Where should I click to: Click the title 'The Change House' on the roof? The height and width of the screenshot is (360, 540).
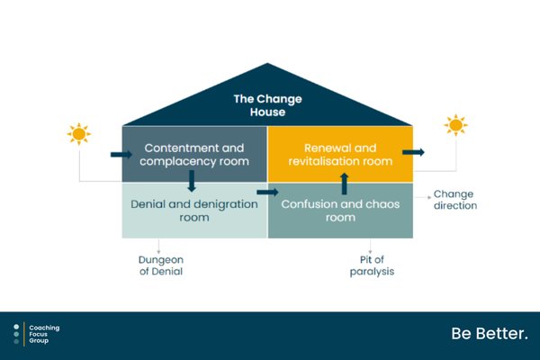(267, 105)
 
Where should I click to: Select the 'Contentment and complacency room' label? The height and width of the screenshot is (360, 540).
(194, 154)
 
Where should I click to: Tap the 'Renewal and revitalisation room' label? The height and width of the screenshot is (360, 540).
(340, 154)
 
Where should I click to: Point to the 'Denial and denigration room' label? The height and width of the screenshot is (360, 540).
(194, 211)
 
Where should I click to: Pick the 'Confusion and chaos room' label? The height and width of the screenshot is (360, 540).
(340, 211)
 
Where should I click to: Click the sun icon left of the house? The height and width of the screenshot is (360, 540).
(79, 134)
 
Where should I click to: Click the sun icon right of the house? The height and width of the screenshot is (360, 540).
(455, 125)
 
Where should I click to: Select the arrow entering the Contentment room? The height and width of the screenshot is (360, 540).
(121, 154)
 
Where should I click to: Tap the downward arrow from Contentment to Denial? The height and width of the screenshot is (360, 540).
(192, 181)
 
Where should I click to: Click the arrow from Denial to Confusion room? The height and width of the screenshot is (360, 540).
(267, 193)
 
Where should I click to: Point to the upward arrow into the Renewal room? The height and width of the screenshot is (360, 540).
(344, 184)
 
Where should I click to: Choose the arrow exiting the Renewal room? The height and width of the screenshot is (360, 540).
(413, 152)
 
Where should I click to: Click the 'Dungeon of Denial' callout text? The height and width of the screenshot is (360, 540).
(161, 265)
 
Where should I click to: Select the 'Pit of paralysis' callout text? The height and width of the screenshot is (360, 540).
(372, 265)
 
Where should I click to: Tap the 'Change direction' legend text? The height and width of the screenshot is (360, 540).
(455, 200)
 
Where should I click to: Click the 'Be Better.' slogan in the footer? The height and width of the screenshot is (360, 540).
(490, 334)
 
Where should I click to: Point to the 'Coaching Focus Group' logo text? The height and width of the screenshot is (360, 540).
(44, 334)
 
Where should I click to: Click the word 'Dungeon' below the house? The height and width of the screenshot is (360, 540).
(161, 260)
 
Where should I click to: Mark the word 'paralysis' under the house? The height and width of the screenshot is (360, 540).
(372, 272)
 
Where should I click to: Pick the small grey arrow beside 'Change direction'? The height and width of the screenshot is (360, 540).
(423, 197)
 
